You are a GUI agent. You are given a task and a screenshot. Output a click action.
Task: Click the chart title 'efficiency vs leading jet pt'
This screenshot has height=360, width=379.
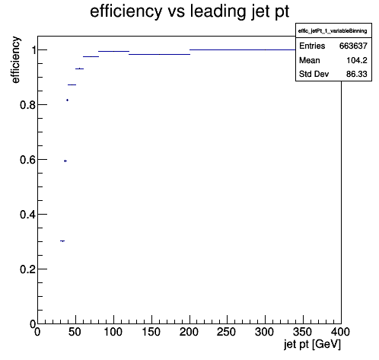189,11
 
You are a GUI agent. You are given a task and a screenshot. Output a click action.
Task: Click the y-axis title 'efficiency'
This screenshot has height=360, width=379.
16,60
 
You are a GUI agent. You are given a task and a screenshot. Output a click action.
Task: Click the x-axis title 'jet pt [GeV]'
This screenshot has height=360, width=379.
312,345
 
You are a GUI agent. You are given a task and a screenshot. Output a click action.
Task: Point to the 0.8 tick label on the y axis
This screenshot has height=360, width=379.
28,105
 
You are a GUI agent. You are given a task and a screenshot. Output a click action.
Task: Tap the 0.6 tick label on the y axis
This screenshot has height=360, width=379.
28,160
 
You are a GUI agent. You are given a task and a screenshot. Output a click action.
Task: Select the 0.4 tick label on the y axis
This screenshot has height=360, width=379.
28,215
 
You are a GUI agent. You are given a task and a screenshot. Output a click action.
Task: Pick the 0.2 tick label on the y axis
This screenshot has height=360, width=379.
28,269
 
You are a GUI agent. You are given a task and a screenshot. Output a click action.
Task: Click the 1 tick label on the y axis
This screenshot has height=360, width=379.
33,50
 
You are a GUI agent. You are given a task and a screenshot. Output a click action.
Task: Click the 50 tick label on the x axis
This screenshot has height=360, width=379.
75,332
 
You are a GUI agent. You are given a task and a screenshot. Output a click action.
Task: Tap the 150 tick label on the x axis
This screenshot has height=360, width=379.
151,332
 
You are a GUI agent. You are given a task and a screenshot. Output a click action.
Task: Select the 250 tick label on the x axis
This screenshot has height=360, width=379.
227,332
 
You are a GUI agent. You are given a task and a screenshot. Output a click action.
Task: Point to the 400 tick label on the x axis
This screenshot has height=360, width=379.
340,332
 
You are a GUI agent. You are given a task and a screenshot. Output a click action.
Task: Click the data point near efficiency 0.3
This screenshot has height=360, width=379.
62,241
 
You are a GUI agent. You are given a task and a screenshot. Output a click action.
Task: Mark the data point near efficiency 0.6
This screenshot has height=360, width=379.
65,161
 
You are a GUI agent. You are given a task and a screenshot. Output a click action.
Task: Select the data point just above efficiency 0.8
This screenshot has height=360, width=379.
67,100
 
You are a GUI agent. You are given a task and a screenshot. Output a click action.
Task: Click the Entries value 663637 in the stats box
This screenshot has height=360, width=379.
353,46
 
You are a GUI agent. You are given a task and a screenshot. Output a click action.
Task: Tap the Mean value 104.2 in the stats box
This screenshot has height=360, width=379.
357,60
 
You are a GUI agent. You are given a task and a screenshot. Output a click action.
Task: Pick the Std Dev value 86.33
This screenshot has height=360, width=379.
357,74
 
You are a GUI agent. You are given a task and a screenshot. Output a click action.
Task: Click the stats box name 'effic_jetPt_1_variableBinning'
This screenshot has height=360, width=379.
333,31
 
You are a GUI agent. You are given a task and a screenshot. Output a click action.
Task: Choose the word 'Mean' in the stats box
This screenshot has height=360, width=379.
310,60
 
